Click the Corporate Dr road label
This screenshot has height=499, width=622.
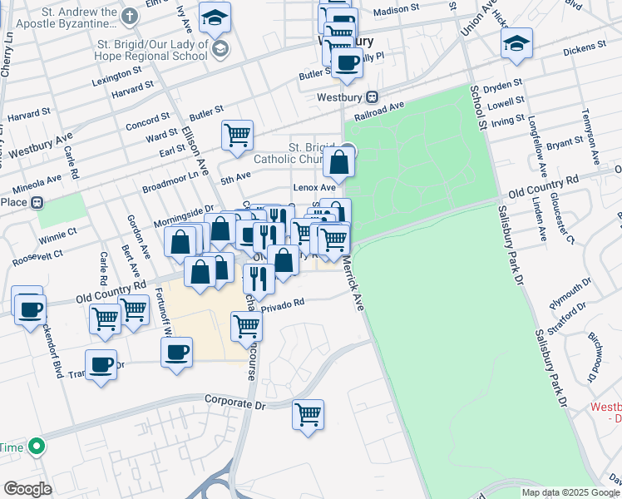pyautogui.click(x=235, y=403)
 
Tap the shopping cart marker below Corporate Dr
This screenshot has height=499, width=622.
pyautogui.click(x=309, y=413)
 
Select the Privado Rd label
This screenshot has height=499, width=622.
pyautogui.click(x=283, y=306)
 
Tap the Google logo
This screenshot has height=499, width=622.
pyautogui.click(x=27, y=489)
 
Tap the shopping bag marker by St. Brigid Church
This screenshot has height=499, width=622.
pyautogui.click(x=339, y=162)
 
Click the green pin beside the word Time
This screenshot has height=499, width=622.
pyautogui.click(x=35, y=447)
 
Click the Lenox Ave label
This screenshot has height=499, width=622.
pyautogui.click(x=313, y=188)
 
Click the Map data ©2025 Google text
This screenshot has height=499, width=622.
pyautogui.click(x=571, y=492)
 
